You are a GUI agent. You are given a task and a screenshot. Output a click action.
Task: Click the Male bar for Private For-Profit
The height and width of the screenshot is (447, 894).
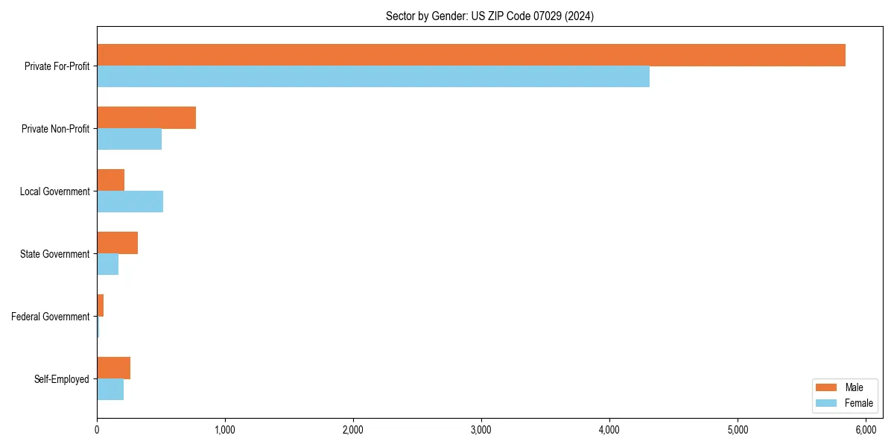471,55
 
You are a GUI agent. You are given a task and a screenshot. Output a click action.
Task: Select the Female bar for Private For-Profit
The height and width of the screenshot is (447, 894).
372,77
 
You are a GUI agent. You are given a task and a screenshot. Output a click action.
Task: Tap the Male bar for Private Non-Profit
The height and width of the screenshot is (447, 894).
146,118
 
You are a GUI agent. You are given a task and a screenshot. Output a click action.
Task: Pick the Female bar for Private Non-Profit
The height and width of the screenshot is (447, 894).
129,139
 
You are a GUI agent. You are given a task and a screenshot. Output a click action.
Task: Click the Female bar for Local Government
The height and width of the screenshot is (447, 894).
130,202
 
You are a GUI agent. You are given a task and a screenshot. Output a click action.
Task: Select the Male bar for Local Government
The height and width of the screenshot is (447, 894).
110,180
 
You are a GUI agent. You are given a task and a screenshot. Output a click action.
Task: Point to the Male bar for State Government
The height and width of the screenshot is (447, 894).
117,243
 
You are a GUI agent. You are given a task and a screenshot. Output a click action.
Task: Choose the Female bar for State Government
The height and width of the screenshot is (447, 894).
107,264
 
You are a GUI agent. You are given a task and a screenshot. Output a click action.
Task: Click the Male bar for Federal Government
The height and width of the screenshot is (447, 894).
100,305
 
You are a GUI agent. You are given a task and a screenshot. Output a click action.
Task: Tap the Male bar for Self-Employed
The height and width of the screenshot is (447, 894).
113,368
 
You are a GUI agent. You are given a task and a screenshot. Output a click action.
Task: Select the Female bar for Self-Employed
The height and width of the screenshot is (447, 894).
110,390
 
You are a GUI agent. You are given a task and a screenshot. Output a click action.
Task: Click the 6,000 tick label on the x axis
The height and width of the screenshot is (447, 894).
866,430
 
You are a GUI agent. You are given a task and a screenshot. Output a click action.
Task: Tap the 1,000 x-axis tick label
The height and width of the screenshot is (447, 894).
224,430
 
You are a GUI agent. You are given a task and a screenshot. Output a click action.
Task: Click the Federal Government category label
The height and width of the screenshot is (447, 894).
51,317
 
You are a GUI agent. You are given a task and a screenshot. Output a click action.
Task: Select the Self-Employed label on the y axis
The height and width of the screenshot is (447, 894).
62,379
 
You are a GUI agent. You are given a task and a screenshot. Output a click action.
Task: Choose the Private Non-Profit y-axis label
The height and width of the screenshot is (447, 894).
55,129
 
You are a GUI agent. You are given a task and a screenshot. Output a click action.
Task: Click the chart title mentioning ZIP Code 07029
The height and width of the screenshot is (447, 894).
489,16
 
